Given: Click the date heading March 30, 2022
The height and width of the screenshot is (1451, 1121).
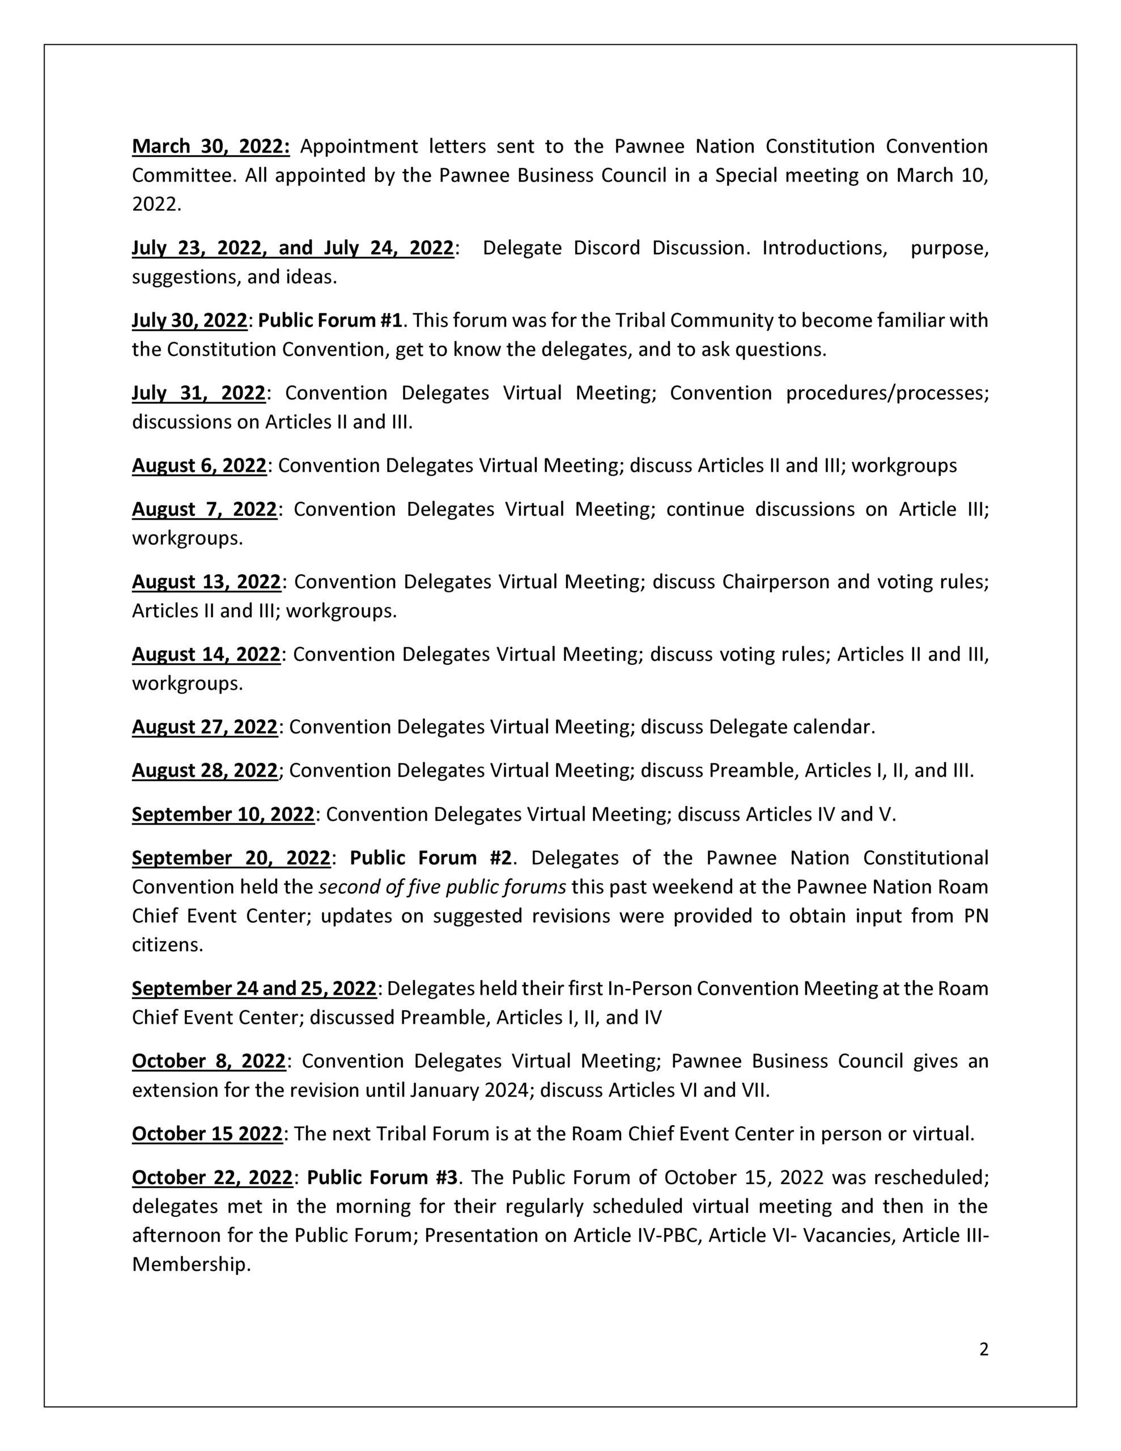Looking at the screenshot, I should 211,146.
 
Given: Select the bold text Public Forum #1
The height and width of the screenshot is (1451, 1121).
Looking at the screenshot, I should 330,321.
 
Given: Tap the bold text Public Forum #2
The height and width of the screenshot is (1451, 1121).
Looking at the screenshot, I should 431,858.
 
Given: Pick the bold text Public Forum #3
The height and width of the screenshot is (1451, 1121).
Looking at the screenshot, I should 382,1178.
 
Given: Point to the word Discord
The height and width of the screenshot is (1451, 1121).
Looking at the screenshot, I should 609,248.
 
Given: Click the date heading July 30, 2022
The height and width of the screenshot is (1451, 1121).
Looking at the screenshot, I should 189,321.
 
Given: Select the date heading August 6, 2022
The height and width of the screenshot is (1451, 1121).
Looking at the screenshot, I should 199,466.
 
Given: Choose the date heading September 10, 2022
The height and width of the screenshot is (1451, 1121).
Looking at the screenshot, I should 223,814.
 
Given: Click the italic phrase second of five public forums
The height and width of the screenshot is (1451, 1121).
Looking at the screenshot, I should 443,888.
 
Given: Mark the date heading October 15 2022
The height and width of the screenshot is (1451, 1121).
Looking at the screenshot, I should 207,1134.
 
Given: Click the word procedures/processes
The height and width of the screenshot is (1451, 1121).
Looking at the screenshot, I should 887,393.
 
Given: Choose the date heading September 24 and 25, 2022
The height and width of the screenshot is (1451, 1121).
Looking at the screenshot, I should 254,988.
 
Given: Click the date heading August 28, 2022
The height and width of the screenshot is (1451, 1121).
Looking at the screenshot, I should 205,771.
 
